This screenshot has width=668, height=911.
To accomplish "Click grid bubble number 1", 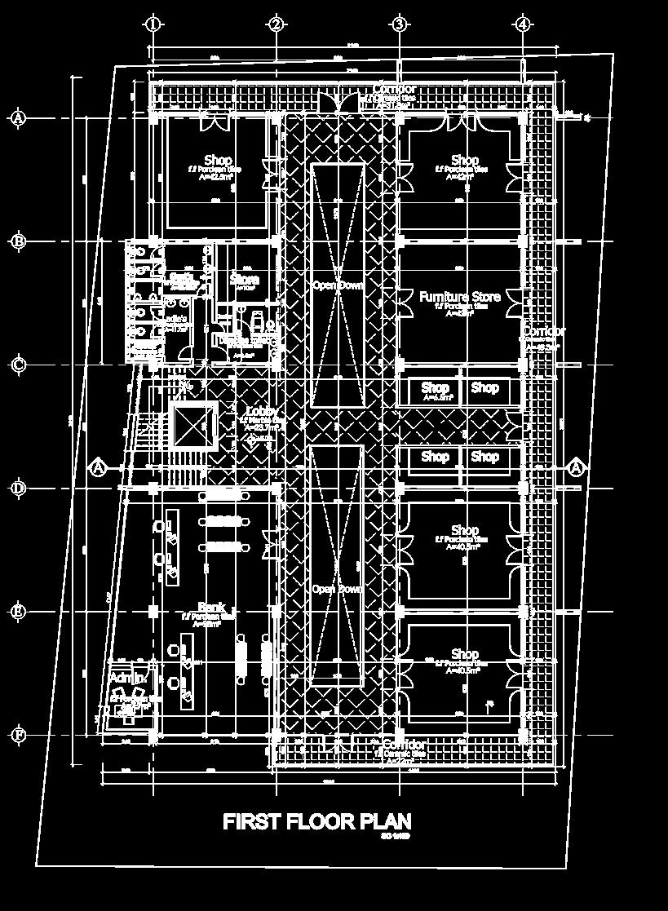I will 153,24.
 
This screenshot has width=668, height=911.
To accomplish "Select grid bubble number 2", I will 276,24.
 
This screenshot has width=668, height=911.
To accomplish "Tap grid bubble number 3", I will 400,24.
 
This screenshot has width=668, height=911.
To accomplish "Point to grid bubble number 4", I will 523,24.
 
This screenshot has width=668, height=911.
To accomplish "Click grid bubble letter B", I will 18,241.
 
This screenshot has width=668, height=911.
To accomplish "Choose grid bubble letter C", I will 18,365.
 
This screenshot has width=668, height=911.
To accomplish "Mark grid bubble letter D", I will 18,489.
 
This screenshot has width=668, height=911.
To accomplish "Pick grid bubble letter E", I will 18,612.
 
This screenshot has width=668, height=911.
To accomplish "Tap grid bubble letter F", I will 18,736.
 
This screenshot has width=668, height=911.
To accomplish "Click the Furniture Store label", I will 460,297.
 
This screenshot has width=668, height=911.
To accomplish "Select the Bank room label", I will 210,608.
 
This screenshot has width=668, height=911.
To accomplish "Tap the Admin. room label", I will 127,679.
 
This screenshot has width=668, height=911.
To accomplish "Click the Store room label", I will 244,279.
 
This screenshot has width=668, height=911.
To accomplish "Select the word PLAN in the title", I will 383,821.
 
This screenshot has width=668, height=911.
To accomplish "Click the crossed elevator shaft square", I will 194,425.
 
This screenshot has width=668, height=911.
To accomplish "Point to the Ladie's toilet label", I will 177,317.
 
